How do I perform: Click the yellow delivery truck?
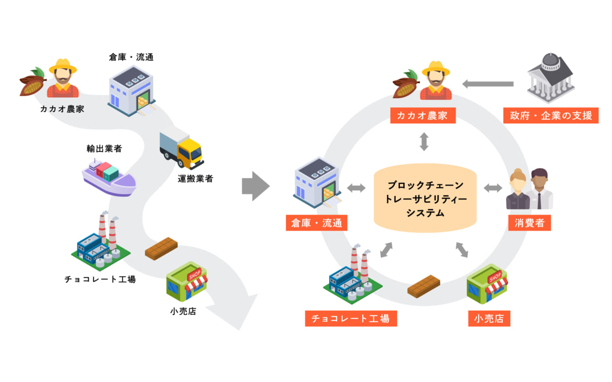pyautogui.click(x=182, y=150)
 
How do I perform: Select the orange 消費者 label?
pyautogui.click(x=529, y=223)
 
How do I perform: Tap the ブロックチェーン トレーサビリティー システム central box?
pyautogui.click(x=425, y=199)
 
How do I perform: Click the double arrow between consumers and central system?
pyautogui.click(x=493, y=188)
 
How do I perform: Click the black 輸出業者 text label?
pyautogui.click(x=104, y=148)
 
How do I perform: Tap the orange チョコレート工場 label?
pyautogui.click(x=351, y=319)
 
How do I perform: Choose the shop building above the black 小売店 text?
pyautogui.click(x=187, y=282)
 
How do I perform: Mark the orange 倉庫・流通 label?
pyautogui.click(x=316, y=223)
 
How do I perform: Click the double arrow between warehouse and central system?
pyautogui.click(x=356, y=188)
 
